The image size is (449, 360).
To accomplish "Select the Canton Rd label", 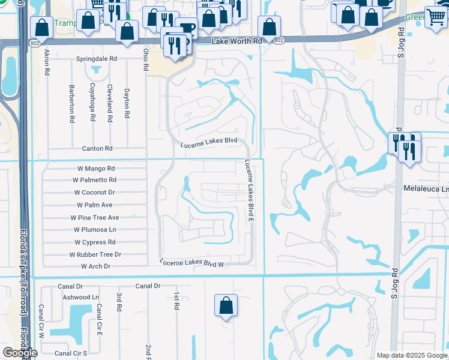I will click(x=97, y=148).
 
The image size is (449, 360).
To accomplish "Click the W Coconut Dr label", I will click(x=94, y=193).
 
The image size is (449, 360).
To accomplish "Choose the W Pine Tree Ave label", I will click(x=95, y=217).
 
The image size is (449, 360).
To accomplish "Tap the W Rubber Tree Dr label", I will click(x=95, y=254).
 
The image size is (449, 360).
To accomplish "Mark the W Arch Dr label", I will click(x=95, y=266).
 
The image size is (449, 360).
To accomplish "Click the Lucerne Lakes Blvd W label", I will click(x=191, y=263).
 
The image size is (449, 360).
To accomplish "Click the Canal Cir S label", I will click(x=71, y=353).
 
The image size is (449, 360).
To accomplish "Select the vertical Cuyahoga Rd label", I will click(x=92, y=103).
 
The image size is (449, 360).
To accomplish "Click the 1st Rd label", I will click(x=176, y=301).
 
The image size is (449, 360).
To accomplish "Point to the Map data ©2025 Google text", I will click(x=412, y=355).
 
